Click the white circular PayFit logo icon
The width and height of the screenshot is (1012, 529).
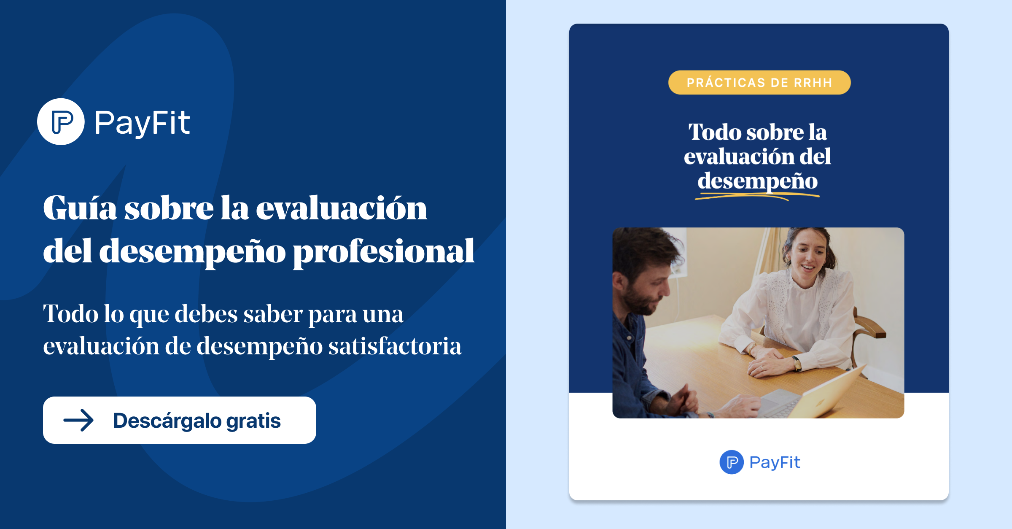(61, 122)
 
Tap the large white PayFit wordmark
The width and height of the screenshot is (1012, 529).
(142, 123)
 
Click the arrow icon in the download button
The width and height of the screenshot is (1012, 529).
(78, 420)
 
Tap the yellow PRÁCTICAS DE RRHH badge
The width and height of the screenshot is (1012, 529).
(759, 83)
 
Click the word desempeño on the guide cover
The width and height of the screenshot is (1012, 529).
(758, 181)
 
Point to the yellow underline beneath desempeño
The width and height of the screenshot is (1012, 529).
(757, 196)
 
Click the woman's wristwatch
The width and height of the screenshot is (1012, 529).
(797, 363)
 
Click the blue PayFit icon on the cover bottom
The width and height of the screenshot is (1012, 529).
(732, 462)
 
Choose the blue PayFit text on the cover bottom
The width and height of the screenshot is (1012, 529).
(775, 462)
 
